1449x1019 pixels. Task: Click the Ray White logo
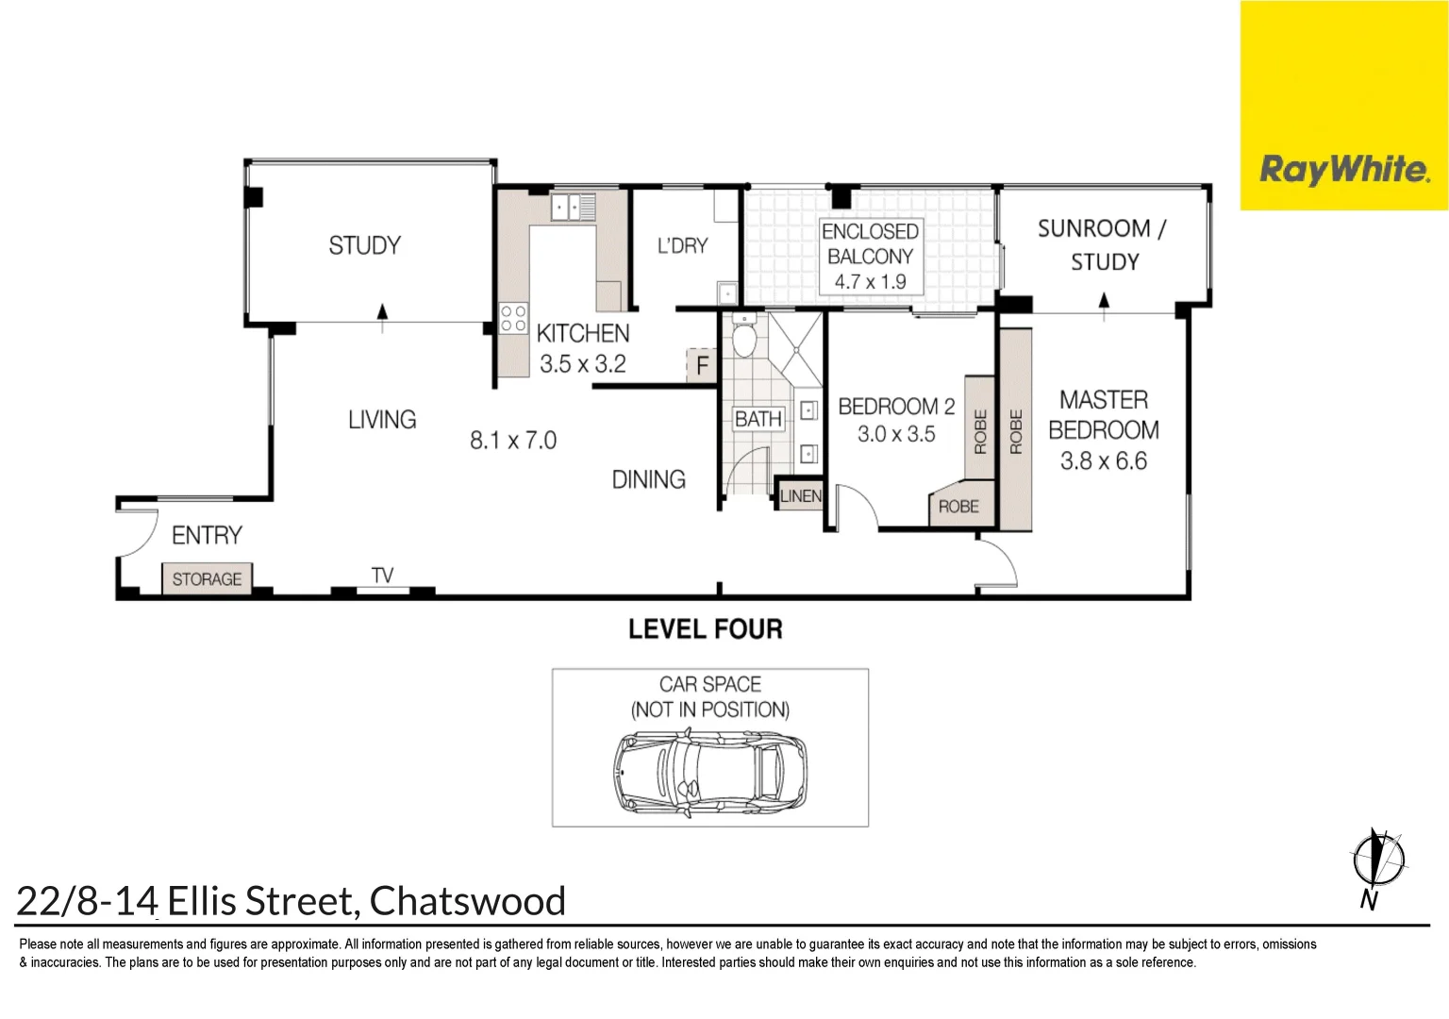pyautogui.click(x=1343, y=170)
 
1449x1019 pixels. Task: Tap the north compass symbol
pyautogui.click(x=1377, y=860)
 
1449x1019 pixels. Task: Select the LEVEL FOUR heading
pyautogui.click(x=705, y=629)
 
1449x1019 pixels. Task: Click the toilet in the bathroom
pyautogui.click(x=744, y=339)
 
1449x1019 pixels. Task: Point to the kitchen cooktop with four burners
pyautogui.click(x=513, y=318)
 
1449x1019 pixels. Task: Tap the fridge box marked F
pyautogui.click(x=702, y=365)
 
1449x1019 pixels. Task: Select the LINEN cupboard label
pyautogui.click(x=800, y=496)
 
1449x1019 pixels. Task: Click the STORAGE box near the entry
pyautogui.click(x=207, y=579)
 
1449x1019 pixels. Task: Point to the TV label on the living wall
pyautogui.click(x=382, y=576)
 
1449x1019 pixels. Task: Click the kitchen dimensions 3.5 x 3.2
pyautogui.click(x=582, y=364)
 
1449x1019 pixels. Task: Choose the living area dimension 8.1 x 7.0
pyautogui.click(x=513, y=441)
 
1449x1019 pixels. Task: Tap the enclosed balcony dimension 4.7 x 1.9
pyautogui.click(x=870, y=282)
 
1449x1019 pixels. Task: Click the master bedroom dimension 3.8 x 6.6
pyautogui.click(x=1103, y=461)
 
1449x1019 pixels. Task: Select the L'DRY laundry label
pyautogui.click(x=682, y=246)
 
